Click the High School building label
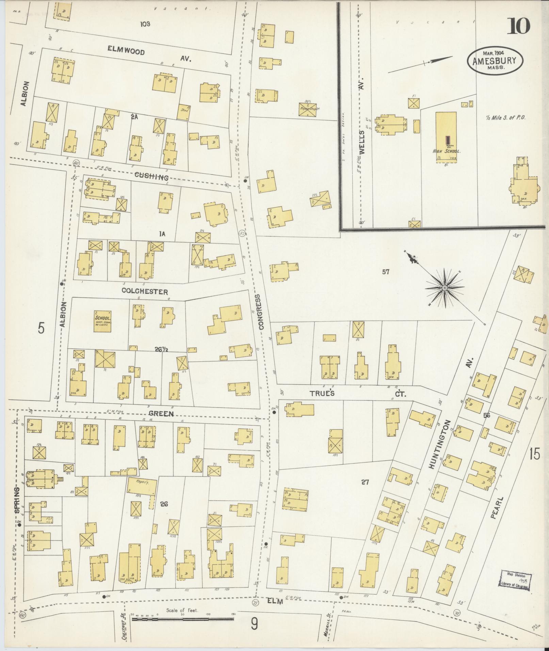coord(446,151)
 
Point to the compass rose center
coord(445,288)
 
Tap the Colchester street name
coord(145,292)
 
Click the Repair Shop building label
coord(308,109)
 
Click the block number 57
coord(385,272)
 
